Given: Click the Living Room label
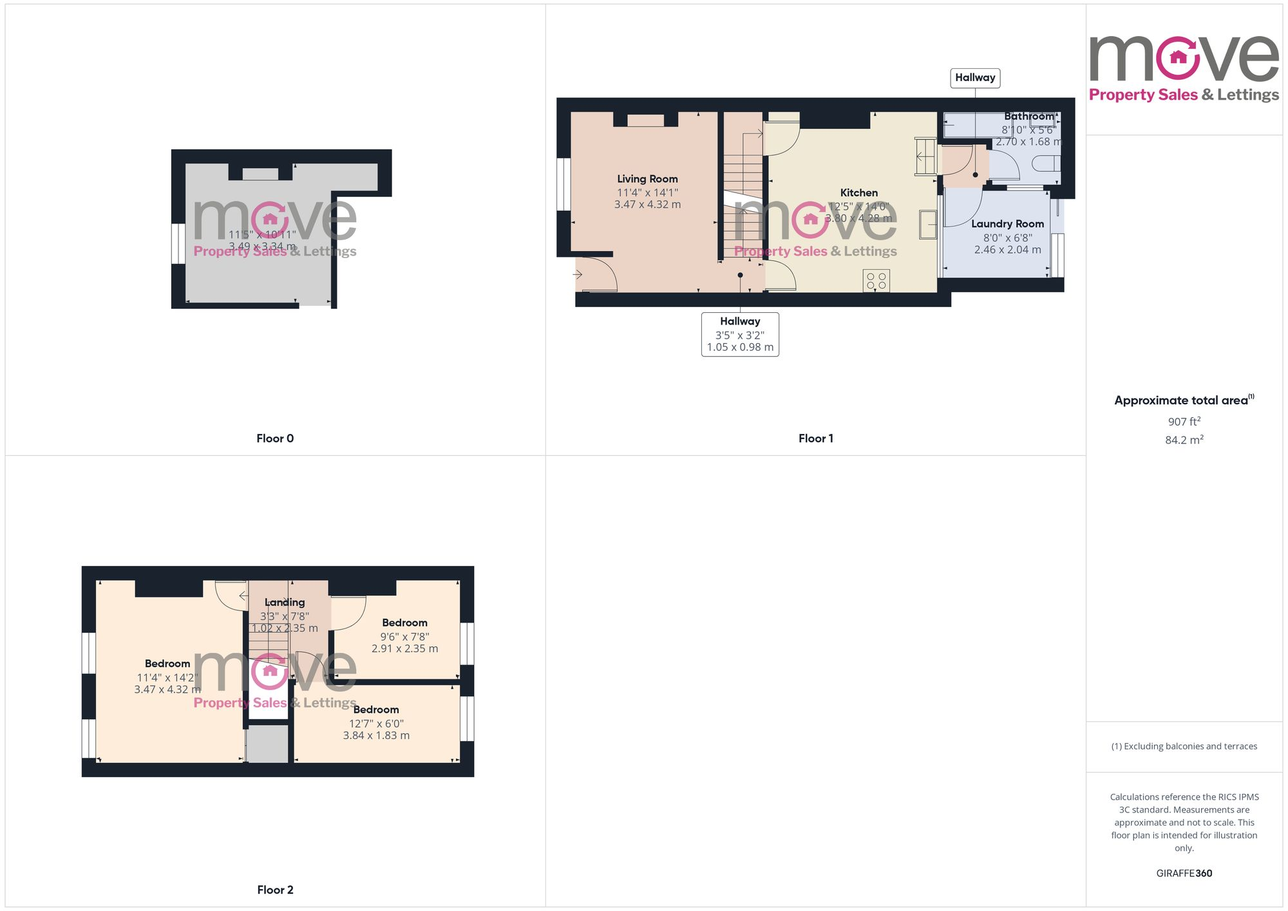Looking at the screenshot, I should pos(647,179).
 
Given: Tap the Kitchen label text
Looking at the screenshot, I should pos(858,193).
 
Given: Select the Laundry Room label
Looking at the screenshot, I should pos(1007,224).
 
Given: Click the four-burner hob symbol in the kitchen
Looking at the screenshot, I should pos(876,281).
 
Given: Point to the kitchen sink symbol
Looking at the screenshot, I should pos(928,225).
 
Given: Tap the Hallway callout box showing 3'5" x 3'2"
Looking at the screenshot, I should pos(740,334).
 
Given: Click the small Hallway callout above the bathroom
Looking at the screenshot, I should pos(975,78).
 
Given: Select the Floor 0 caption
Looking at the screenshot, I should pos(275,438).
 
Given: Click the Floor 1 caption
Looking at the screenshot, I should pos(815,438).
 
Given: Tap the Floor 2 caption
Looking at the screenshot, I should pos(275,890).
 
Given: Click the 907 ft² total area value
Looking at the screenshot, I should pos(1184,422).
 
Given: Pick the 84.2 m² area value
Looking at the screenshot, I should pos(1184,440).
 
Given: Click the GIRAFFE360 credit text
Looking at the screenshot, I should pos(1184,874).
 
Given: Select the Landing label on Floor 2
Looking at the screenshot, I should pos(285,603).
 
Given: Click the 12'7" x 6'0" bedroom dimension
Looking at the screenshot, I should pos(376,724).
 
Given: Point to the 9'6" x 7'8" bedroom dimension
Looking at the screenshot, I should pos(404,637).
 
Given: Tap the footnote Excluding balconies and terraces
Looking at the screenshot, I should pos(1184,746).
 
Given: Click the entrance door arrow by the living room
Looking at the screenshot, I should pos(578,275).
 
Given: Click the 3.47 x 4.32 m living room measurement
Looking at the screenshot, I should pos(647,205).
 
